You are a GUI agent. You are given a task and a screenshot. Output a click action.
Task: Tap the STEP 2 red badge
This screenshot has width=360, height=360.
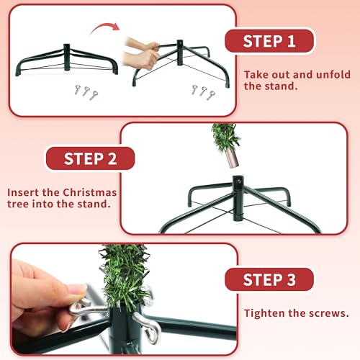[91, 159]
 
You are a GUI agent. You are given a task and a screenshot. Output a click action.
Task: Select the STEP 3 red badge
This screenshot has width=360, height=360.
[269, 279]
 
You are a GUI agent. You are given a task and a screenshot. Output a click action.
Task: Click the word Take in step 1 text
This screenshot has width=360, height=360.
[256, 74]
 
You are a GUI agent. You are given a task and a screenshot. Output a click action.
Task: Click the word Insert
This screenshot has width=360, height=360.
[25, 193]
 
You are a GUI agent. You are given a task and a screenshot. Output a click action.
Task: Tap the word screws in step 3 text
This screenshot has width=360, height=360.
[336, 313]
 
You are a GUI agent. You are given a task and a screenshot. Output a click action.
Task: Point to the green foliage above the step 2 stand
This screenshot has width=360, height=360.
[225, 136]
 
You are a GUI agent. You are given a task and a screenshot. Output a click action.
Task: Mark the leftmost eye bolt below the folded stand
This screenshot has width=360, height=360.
[73, 89]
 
